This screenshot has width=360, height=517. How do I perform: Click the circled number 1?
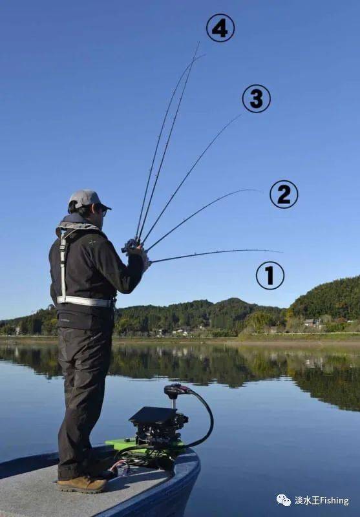click(270, 276)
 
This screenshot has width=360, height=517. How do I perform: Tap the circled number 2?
click(284, 195)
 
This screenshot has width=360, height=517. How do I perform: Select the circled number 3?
click(257, 99)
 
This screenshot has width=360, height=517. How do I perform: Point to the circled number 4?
click(220, 28)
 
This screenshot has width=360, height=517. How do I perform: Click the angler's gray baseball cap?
click(87, 200)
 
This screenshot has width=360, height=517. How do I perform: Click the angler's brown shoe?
click(83, 484)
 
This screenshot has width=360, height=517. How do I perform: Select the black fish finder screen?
click(153, 415)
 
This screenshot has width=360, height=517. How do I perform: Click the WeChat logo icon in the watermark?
click(284, 500)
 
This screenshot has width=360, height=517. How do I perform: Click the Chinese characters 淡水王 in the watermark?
click(307, 500)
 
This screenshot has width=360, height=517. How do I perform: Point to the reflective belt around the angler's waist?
click(85, 301)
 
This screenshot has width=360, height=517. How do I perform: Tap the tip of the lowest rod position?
click(282, 252)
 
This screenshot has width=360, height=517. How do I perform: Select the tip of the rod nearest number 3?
click(241, 114)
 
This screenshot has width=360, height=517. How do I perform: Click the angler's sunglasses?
click(103, 211)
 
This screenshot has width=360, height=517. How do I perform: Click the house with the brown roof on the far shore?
click(309, 322)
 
